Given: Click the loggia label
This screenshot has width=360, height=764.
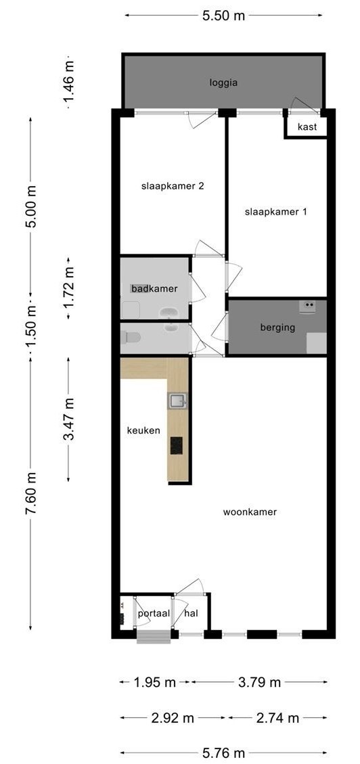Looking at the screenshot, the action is pos(223,83).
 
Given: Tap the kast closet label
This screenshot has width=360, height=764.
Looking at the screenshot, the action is pos(307,127).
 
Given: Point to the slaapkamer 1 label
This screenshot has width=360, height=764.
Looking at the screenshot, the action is pos(276,212).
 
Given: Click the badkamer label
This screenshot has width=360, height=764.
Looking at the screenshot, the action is pos(154,288).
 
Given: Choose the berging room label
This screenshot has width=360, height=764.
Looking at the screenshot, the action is pos(277,328).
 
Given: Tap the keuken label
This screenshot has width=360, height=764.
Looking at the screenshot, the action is pos(143,430).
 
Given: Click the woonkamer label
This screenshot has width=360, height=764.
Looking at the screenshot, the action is pos(250,512).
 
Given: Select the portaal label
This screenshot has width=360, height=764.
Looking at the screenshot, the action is pos(154,614).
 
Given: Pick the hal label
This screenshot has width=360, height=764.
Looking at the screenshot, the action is pos(191,614).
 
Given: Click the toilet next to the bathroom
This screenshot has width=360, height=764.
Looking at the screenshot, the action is pos(131,337).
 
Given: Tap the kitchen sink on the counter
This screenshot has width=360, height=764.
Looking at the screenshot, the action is pos(177,401).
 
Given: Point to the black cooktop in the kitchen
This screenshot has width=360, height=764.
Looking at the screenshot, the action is pos(177,445).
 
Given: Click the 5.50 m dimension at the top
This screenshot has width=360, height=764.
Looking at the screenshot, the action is pos(223,16).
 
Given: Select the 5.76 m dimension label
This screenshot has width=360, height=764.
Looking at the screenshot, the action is pos(223,753).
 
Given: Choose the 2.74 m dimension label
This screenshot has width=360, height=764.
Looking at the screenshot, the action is pos(277,718).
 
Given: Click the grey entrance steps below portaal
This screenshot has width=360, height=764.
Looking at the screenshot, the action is pos(154,637).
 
